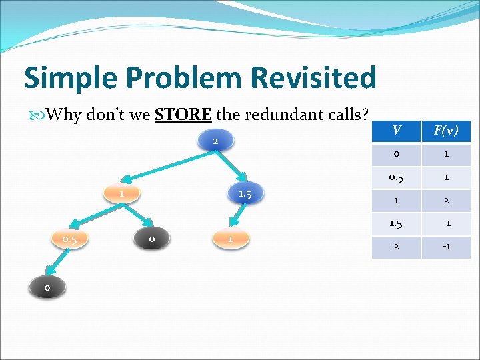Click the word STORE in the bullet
tap(183, 115)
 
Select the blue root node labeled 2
tap(215, 141)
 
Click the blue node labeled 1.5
tap(245, 194)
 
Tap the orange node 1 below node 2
tap(122, 193)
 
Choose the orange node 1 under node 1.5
tap(229, 239)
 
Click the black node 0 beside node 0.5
tap(151, 238)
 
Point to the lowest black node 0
tap(47, 287)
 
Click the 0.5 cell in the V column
tap(396, 177)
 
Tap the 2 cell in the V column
tap(396, 247)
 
